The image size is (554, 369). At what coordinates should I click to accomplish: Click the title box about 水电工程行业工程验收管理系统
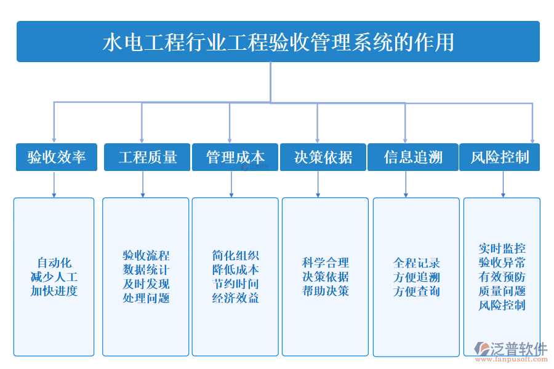[278, 42]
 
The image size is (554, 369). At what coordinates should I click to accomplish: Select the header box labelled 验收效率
[57, 157]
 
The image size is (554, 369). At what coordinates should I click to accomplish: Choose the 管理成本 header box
[235, 157]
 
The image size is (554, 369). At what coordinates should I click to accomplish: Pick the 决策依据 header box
[323, 157]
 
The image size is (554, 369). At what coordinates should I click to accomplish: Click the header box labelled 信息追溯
[412, 157]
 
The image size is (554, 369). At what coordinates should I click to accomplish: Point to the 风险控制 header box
[500, 157]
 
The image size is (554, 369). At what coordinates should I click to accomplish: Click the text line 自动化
[54, 263]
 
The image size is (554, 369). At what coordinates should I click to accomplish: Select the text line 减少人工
[54, 277]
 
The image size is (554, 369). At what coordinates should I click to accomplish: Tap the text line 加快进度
[54, 291]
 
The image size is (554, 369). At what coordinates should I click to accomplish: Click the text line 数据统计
[146, 269]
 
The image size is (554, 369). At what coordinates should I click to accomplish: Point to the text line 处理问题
[146, 298]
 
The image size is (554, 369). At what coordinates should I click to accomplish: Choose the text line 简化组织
[235, 255]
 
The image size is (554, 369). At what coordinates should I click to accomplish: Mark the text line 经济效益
[235, 298]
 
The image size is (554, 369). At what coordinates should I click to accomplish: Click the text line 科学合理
[325, 263]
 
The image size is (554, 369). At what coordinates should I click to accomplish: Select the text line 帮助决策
[325, 291]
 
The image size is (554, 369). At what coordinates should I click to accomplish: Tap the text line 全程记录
[417, 263]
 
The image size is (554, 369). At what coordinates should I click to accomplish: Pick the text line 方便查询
[417, 291]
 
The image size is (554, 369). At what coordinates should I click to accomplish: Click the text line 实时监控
[502, 248]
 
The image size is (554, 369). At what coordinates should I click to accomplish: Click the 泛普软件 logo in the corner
[511, 349]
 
